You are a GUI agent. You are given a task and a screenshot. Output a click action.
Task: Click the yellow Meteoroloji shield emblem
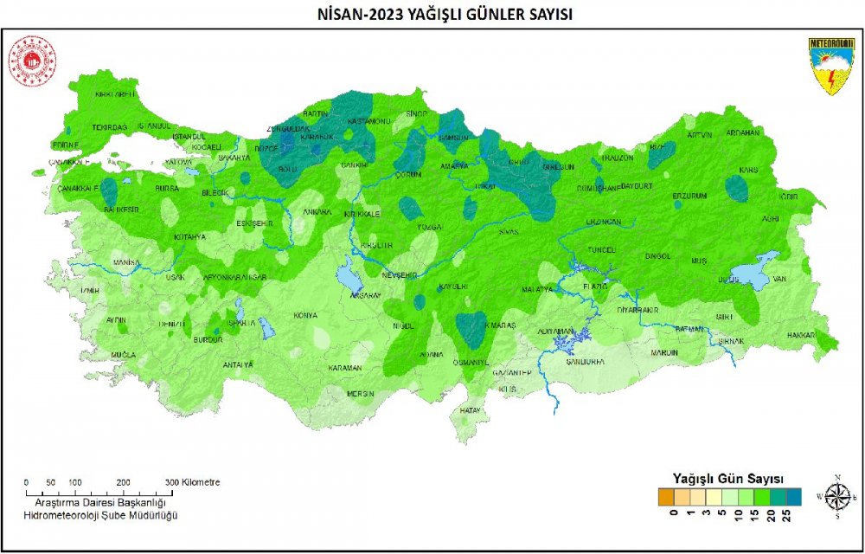point(831,65)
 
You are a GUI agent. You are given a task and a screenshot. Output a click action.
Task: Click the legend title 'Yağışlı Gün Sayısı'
point(728,479)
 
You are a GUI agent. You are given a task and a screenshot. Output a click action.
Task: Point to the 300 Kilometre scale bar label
point(195,482)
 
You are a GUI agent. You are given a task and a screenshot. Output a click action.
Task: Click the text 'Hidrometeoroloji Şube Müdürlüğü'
point(100,516)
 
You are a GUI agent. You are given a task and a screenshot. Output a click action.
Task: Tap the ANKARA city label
point(317,211)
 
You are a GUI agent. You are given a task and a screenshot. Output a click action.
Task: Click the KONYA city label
point(305,316)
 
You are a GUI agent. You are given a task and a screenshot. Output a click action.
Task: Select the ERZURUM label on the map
point(689,196)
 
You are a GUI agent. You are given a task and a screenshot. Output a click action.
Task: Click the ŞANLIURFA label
point(584,362)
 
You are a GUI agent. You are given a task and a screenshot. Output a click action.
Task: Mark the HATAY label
point(470,409)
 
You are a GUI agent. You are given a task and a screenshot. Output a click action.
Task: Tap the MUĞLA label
point(124,356)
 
